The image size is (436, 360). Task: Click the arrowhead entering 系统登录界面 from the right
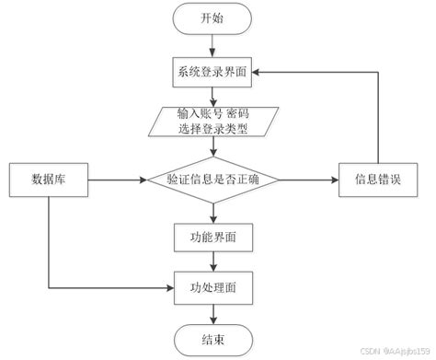tap(258, 70)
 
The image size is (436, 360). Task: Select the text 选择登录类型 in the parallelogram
tap(212, 130)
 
